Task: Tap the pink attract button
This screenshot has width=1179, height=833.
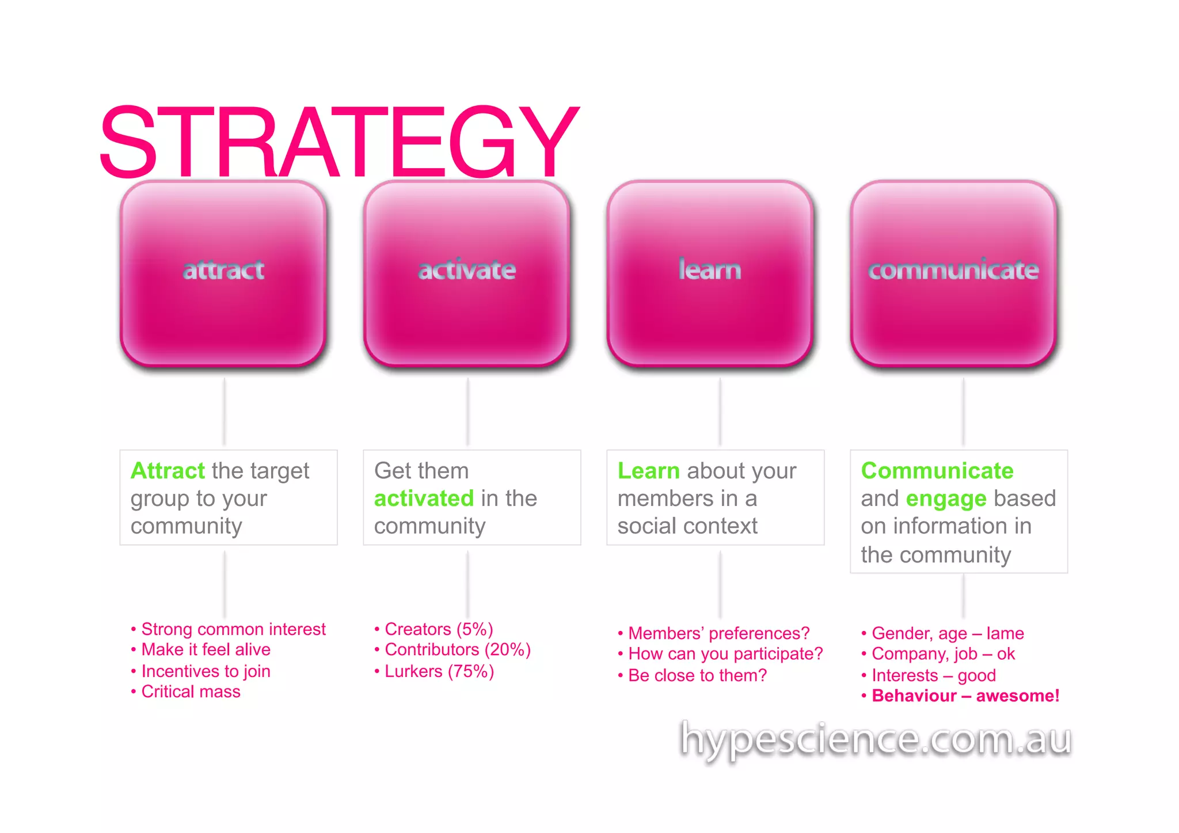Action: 223,273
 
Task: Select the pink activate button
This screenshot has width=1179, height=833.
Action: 467,273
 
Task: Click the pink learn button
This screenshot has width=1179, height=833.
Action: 710,273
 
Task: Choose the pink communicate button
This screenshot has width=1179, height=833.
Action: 953,273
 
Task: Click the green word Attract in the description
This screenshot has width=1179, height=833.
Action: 168,471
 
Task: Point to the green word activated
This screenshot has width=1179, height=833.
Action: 424,499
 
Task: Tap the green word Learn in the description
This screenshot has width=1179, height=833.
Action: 648,471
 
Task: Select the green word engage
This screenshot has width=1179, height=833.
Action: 946,499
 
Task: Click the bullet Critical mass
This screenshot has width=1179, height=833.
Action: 191,691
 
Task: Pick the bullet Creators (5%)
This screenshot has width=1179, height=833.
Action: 439,629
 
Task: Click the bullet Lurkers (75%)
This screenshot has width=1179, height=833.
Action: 439,671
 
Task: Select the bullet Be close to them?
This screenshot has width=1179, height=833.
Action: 697,675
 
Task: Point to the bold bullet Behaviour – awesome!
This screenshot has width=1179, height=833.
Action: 965,696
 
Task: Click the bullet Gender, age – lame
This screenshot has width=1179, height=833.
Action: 948,633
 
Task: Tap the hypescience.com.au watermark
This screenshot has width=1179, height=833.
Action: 875,739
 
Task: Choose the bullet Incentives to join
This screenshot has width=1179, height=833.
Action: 206,671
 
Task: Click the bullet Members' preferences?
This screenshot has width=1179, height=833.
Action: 718,633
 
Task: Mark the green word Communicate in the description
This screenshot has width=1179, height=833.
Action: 937,471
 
